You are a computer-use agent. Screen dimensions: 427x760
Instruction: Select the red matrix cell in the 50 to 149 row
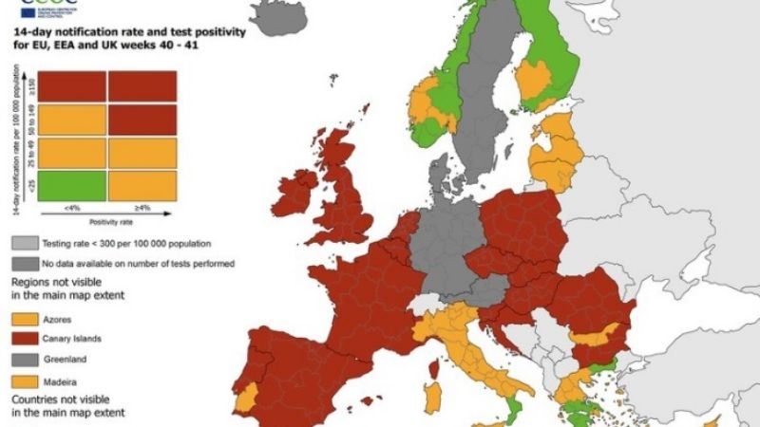(142, 119)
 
